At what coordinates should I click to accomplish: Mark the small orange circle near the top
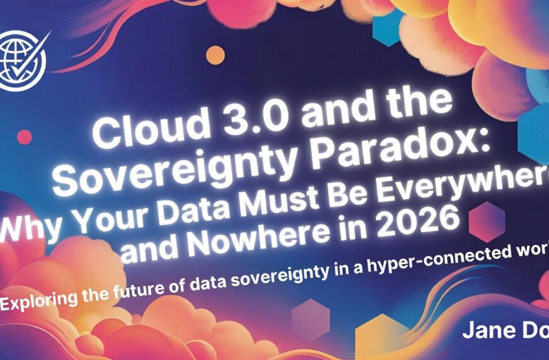point(215,55)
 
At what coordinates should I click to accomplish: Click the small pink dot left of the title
point(25,136)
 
